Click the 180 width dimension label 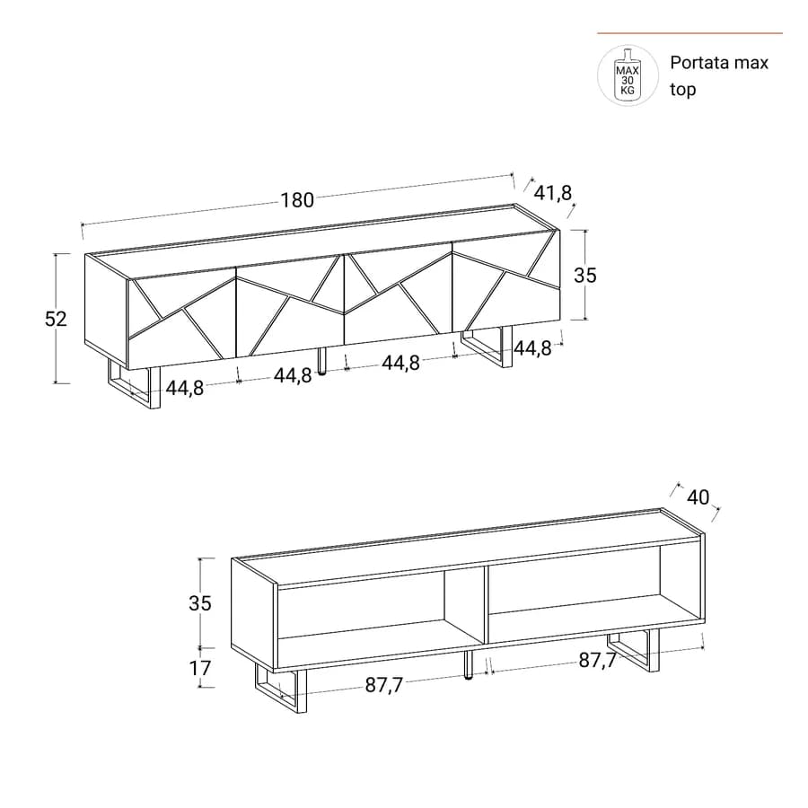point(297,200)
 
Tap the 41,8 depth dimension point(553,193)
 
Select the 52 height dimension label point(56,319)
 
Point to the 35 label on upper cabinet point(585,276)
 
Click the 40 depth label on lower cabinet point(698,497)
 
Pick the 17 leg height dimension point(200,668)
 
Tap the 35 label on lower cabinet point(200,603)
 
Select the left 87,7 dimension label point(384,685)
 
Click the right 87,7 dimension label point(597,660)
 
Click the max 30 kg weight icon point(628,75)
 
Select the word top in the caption point(683,90)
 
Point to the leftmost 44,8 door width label point(184,388)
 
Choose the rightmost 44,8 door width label point(532,349)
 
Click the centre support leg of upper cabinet point(322,361)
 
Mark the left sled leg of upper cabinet point(135,384)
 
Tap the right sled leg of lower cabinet point(633,650)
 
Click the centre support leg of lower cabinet point(469,664)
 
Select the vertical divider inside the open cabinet point(485,605)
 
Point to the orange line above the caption point(690,33)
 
